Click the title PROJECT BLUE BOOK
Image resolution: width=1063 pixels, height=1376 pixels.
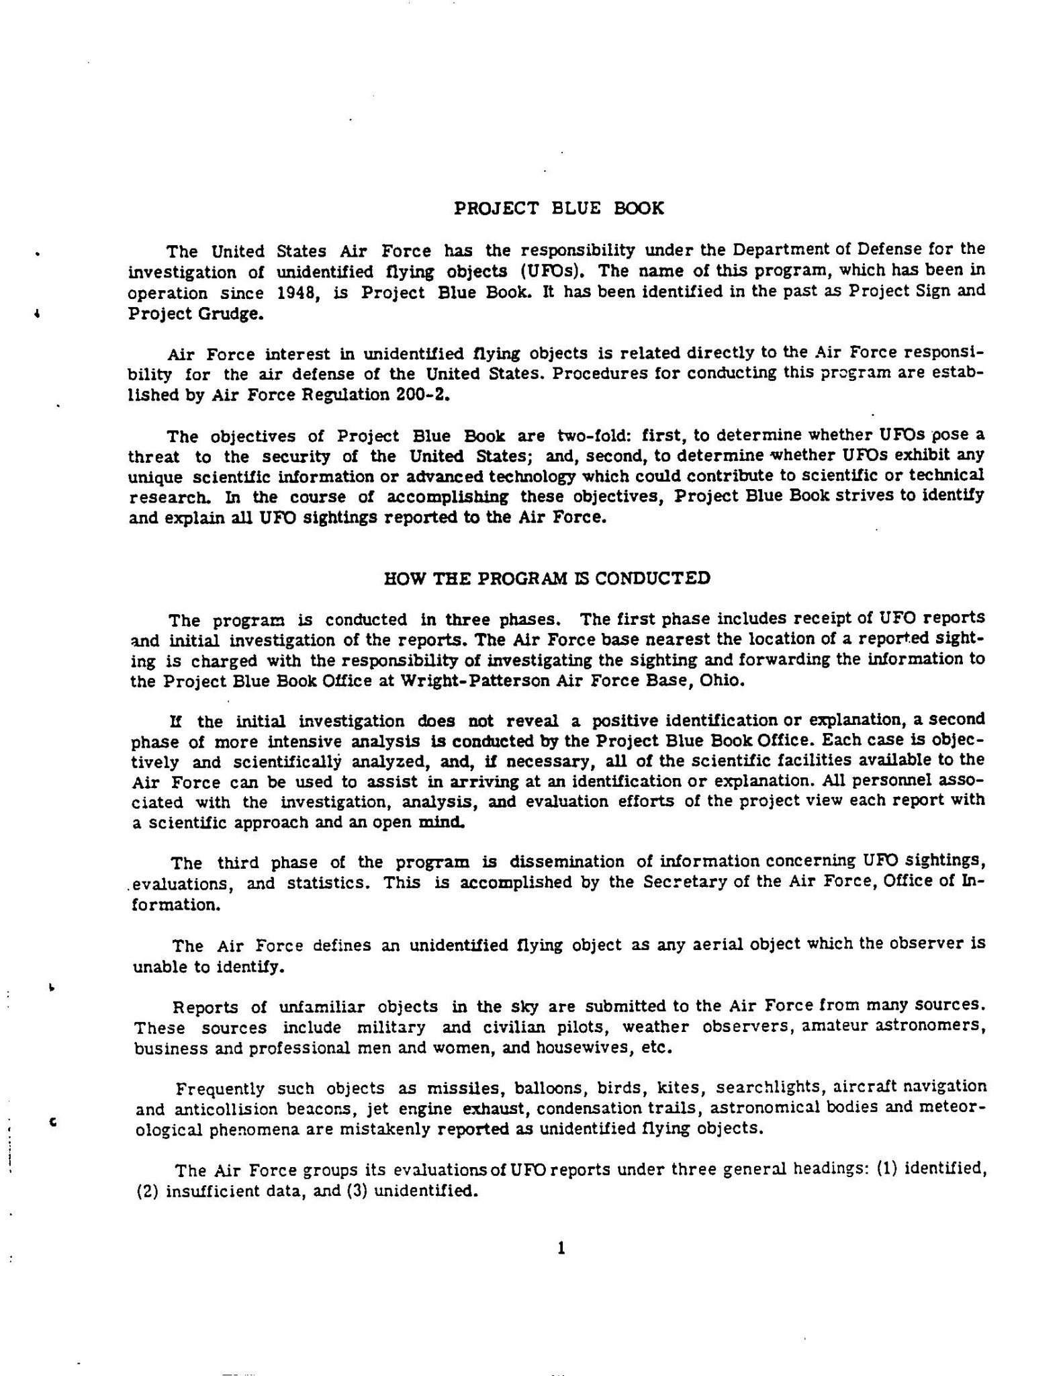click(x=559, y=208)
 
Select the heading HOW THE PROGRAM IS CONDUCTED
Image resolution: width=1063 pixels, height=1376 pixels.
click(x=546, y=578)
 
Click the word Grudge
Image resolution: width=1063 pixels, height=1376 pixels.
click(x=230, y=314)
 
